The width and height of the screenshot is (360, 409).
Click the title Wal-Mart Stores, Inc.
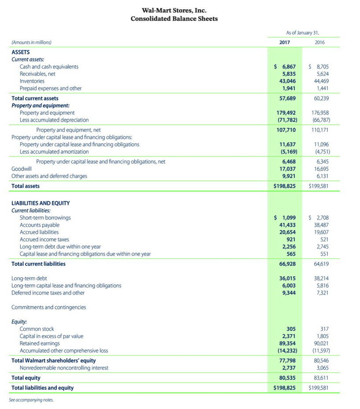(174, 10)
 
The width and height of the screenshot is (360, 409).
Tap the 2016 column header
(320, 42)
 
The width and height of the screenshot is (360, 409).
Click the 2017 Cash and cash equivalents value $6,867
(285, 67)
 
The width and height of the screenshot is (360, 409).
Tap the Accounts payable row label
(40, 225)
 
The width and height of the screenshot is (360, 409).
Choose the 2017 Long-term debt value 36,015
(287, 279)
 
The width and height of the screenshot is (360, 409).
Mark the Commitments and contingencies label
(48, 307)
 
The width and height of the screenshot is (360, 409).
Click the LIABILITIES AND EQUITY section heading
(40, 203)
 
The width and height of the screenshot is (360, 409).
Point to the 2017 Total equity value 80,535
(287, 378)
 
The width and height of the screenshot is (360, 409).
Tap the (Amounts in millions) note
(31, 43)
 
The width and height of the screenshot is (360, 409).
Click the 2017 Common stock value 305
(291, 329)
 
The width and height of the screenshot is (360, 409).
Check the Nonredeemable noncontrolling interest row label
(64, 368)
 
